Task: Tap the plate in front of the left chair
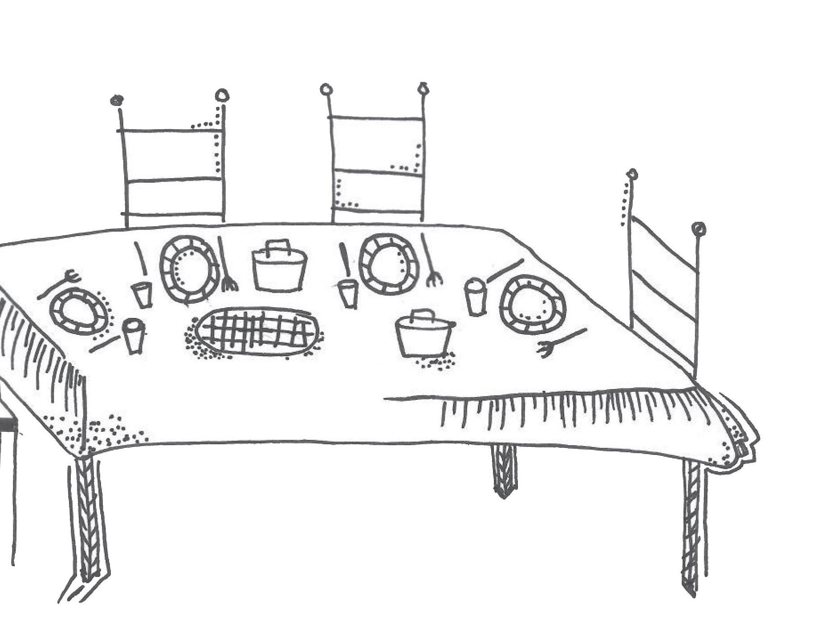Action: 190,269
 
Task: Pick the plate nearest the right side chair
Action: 533,305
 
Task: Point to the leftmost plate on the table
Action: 79,311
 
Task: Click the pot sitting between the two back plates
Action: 279,269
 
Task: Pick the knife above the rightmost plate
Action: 505,270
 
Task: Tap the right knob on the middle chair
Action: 423,88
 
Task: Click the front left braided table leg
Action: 88,520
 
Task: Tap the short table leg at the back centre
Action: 504,471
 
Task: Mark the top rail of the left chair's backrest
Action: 171,130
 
